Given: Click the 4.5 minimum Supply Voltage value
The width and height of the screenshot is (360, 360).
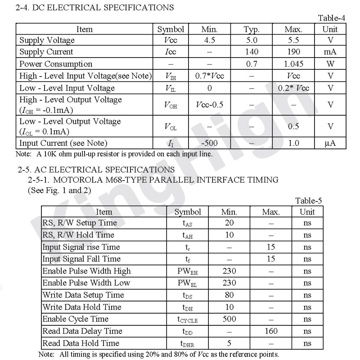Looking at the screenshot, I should tap(209, 40).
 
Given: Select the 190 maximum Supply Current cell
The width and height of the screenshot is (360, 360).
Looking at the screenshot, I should tap(293, 52).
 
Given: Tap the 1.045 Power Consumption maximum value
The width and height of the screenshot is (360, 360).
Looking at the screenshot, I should tap(293, 64).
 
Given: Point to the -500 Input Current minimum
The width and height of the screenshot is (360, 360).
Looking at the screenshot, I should tap(209, 144).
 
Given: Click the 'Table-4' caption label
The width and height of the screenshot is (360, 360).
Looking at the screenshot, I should tap(332, 18).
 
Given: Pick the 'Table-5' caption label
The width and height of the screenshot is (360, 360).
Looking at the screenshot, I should tap(309, 201).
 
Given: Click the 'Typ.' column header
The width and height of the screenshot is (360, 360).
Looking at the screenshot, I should tap(252, 29).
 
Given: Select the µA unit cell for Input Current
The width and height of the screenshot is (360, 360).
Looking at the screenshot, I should tap(330, 144).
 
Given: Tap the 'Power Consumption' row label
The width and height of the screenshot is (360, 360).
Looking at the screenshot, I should tap(56, 64).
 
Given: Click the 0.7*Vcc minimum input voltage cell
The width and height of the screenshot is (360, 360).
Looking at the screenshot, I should tap(209, 76).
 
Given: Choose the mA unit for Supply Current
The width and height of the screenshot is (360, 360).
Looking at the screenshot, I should tap(330, 52).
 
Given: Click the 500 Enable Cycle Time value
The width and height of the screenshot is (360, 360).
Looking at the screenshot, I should tap(229, 319).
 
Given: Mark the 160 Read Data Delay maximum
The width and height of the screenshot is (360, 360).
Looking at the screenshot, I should tap(271, 331).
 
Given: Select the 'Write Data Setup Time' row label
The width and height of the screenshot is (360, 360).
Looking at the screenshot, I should tap(83, 295).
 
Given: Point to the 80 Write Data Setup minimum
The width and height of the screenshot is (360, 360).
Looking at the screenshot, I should tap(229, 295).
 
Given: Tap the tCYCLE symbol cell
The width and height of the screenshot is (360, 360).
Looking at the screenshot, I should tap(188, 319).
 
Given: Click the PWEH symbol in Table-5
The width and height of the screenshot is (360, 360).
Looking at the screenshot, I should tap(188, 271).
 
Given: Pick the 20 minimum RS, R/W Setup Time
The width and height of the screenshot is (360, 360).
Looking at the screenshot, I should tap(229, 223).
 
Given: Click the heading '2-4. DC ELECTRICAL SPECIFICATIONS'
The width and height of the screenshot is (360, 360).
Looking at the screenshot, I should tap(94, 7).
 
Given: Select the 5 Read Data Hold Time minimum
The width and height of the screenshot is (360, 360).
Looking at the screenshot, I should tap(229, 343).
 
